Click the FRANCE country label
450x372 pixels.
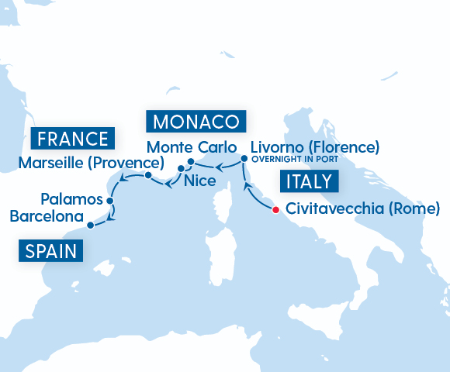click(74, 139)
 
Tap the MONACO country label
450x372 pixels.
click(196, 122)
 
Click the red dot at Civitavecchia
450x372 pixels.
click(276, 208)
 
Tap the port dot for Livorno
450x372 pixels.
click(244, 158)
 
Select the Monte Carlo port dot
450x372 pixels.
click(190, 161)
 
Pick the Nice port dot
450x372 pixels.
click(181, 168)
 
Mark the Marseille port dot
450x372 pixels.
click(147, 176)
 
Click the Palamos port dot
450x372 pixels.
click(110, 200)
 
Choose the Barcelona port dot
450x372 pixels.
click(91, 226)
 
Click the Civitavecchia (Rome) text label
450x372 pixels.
click(363, 208)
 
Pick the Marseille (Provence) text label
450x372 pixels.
click(91, 163)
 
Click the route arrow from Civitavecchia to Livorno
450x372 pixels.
click(251, 190)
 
